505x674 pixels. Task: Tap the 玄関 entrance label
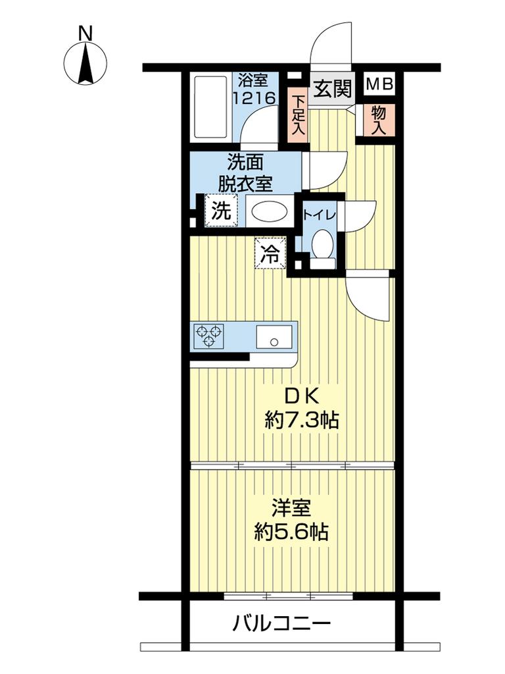coord(333,89)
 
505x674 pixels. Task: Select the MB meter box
coord(379,84)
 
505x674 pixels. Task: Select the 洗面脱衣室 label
coord(245,173)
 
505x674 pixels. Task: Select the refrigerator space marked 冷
coord(270,253)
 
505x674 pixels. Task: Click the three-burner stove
coord(209,336)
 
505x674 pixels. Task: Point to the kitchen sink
coord(274,336)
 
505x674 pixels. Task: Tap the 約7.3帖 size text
coord(302,420)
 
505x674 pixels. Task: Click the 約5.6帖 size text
coord(291,533)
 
